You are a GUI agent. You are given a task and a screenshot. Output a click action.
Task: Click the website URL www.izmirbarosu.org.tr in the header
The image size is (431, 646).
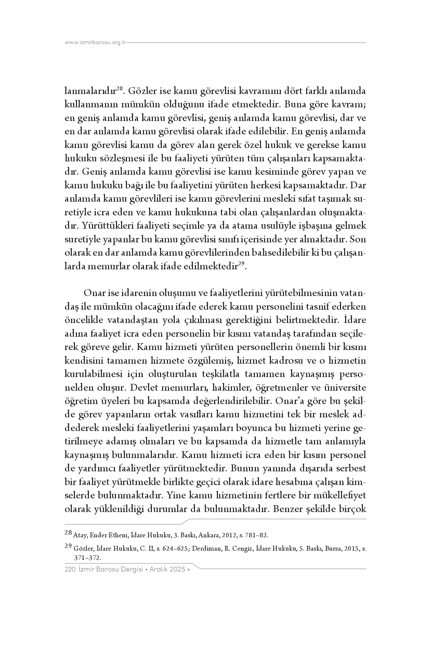(95, 43)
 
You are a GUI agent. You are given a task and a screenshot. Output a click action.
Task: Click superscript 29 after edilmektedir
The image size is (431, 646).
(241, 264)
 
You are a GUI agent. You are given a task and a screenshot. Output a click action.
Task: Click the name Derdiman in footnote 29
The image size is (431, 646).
(206, 548)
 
